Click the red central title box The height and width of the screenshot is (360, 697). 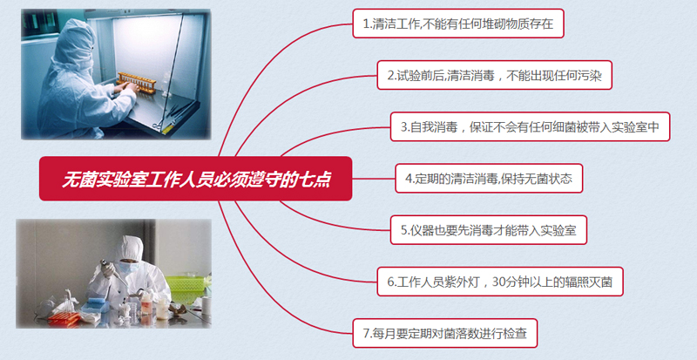(195, 179)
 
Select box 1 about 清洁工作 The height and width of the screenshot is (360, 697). (457, 24)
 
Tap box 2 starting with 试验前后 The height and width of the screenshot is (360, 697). (494, 75)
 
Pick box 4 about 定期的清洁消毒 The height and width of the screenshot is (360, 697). (488, 179)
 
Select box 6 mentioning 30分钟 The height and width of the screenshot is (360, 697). (505, 282)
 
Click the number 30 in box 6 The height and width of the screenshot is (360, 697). (499, 282)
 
